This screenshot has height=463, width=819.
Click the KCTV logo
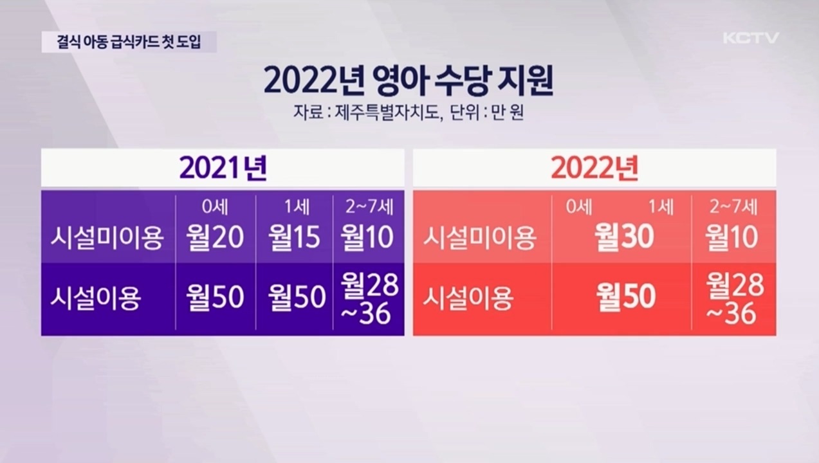[x=751, y=38]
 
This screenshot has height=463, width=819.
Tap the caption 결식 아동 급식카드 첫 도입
[x=129, y=42]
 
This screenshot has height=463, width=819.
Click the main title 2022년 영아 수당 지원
[x=408, y=82]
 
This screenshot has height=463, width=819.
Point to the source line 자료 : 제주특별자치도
[x=365, y=113]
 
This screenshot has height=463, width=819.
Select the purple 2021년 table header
[x=223, y=168]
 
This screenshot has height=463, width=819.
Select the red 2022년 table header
[x=595, y=168]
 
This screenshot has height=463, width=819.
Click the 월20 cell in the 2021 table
[x=215, y=237]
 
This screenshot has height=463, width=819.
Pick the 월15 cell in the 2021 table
[x=294, y=237]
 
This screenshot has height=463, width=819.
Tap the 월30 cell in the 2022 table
[x=625, y=237]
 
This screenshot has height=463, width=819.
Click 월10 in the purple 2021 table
[x=367, y=237]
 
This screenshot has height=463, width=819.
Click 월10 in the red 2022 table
[x=732, y=237]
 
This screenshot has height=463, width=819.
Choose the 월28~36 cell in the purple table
[x=369, y=299]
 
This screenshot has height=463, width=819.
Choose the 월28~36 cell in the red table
[x=735, y=299]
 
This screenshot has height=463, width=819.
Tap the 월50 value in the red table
[x=626, y=296]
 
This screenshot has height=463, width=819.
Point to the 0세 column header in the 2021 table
[x=215, y=207]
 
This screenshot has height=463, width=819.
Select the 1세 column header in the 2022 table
[x=661, y=207]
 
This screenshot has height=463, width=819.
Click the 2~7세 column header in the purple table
[x=369, y=207]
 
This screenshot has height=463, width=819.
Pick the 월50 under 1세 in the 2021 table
[x=297, y=296]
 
